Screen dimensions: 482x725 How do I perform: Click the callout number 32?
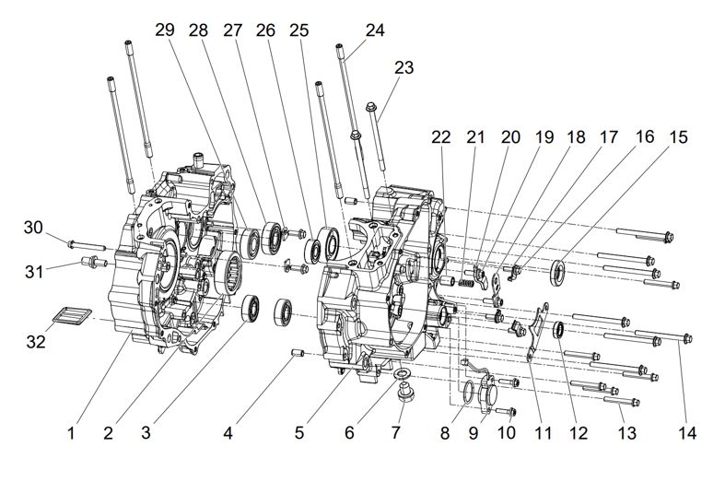coord(34,342)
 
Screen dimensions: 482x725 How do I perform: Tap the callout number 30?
coord(34,228)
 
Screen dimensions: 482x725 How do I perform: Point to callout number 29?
coord(165,31)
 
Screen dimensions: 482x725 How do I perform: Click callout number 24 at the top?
coord(375,29)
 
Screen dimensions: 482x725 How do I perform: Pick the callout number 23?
coord(404,67)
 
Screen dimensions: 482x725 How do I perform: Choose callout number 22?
coord(441,137)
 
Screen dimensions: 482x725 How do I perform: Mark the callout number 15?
coord(678,137)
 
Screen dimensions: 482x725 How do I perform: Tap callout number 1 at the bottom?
coord(71,430)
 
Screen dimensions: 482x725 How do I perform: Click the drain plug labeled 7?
coord(403,394)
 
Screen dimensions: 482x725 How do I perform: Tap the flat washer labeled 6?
coord(403,373)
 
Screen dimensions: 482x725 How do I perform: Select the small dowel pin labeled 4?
coord(297,353)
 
